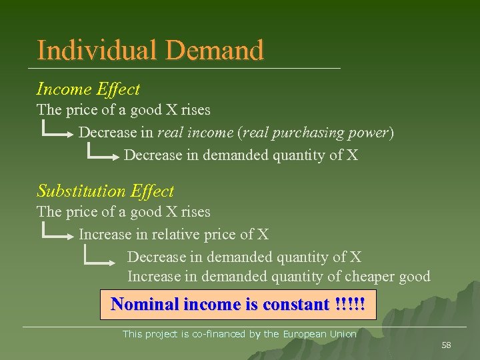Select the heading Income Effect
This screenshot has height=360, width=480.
tap(88, 89)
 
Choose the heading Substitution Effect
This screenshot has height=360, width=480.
tap(105, 191)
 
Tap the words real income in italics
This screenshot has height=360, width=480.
tap(195, 133)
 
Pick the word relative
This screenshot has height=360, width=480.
tap(177, 234)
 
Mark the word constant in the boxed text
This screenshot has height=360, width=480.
tap(296, 305)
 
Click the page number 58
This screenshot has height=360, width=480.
tap(446, 345)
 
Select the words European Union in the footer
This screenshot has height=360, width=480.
tap(319, 334)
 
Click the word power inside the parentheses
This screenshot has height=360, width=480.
tap(370, 133)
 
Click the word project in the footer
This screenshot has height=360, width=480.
tap(160, 334)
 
